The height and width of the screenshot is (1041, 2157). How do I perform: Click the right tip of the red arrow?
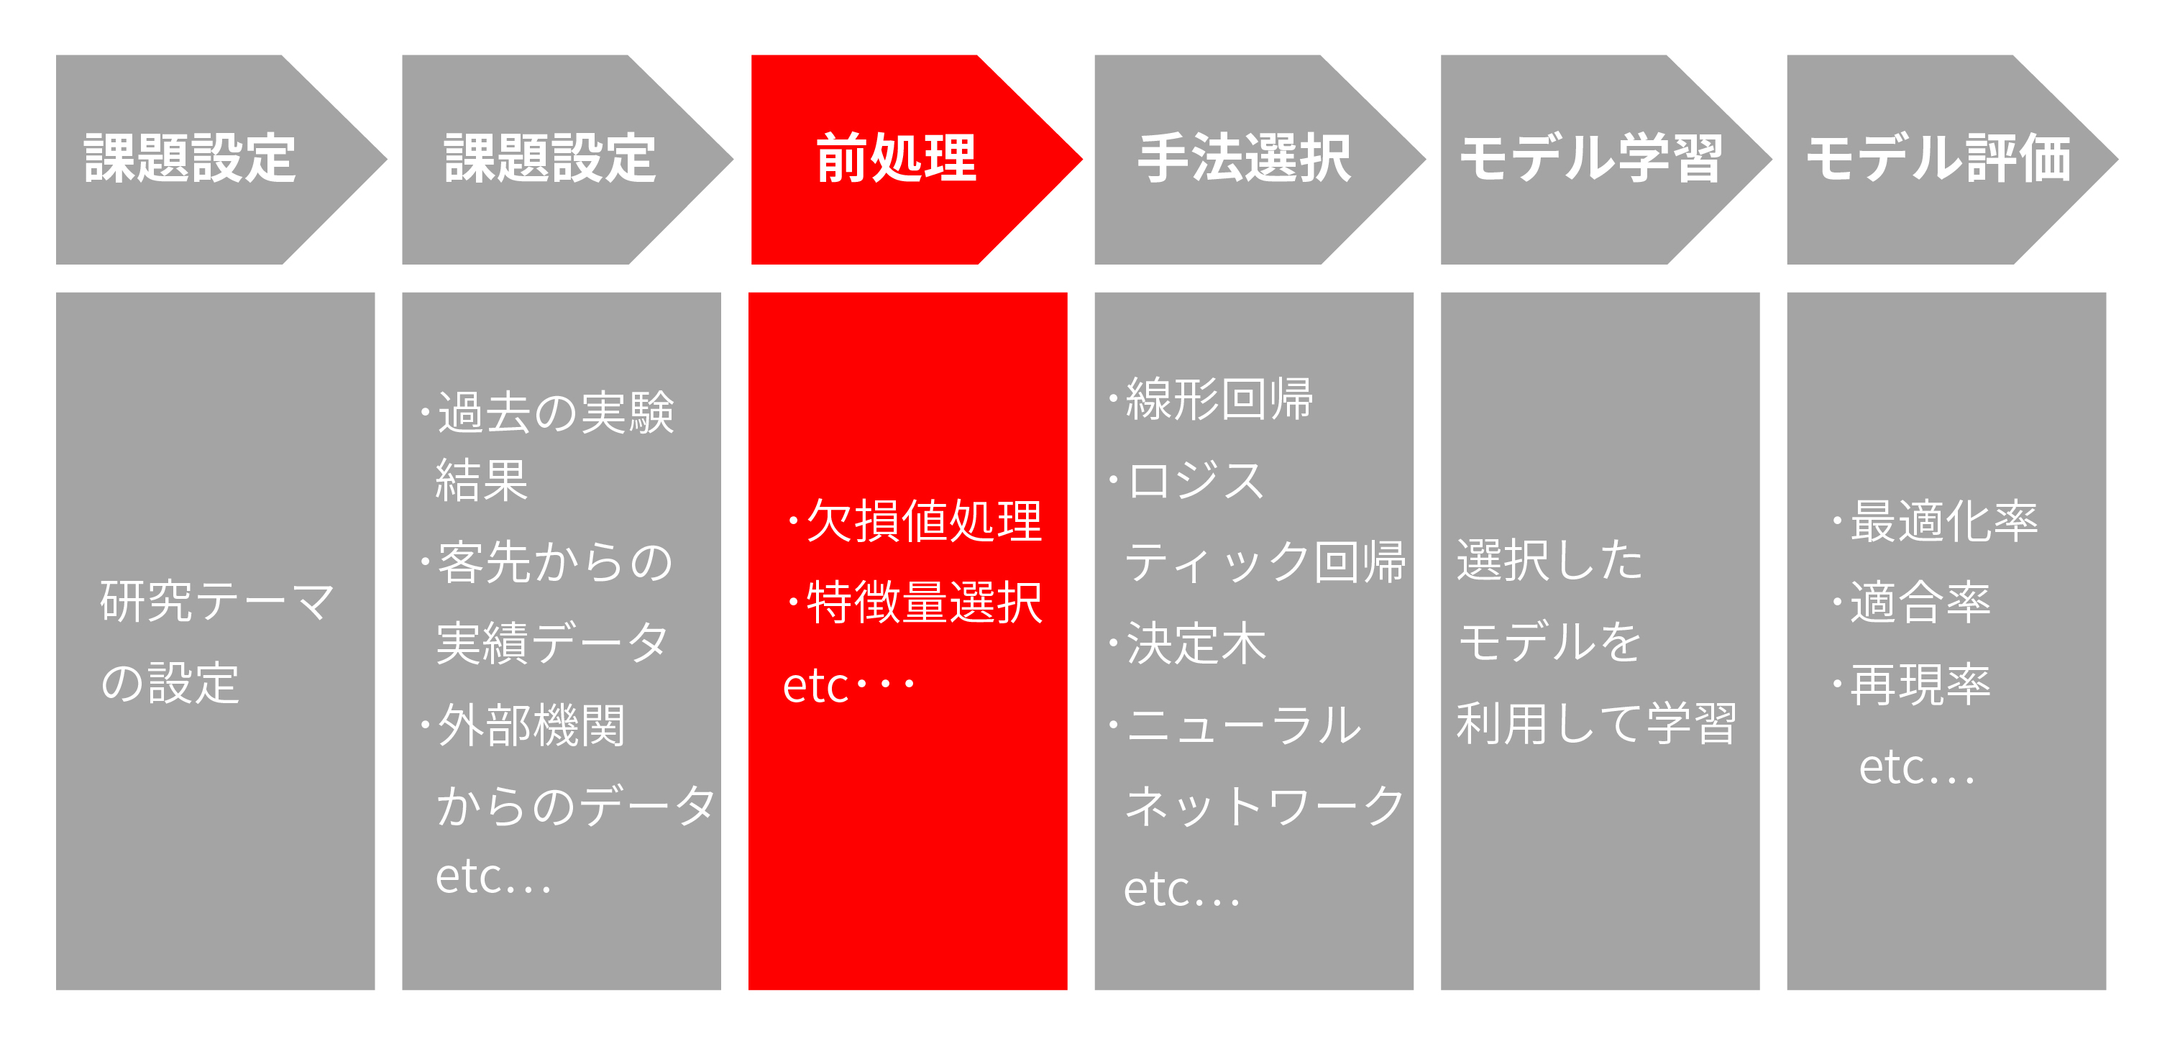(x=1083, y=159)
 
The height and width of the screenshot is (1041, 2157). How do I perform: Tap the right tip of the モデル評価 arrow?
(x=2118, y=159)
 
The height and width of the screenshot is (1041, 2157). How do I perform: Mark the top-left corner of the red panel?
(x=748, y=293)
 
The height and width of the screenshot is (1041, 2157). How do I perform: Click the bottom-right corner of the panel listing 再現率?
(x=2106, y=990)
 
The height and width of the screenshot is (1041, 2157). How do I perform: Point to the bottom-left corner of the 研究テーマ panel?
(x=56, y=990)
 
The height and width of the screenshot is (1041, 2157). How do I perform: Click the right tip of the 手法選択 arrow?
(x=1426, y=159)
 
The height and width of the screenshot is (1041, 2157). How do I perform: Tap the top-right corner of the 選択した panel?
(x=1759, y=293)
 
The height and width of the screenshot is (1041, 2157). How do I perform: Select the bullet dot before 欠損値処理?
(x=793, y=521)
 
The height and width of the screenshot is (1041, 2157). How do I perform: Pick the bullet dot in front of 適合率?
(x=1837, y=601)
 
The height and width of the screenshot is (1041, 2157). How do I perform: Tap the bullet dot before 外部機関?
(x=426, y=725)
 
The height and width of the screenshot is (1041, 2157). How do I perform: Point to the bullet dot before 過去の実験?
(x=426, y=412)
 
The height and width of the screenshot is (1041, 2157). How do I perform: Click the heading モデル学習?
(x=1591, y=158)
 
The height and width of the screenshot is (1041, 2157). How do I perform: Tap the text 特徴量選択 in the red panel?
(x=925, y=602)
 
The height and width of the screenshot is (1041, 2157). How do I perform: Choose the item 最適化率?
(x=1944, y=521)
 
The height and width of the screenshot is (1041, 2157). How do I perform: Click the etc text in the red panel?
(x=849, y=685)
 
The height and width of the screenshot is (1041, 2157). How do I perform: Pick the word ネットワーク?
(x=1265, y=806)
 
